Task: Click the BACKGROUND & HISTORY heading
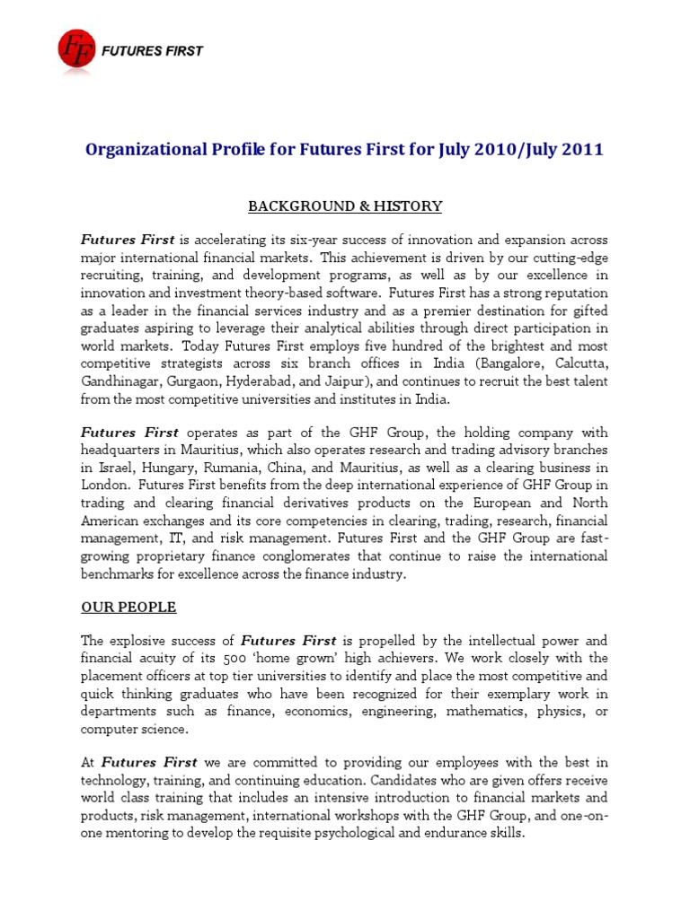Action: coord(345,206)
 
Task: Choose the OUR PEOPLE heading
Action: coord(128,608)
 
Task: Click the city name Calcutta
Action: coord(577,363)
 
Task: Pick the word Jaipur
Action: coord(357,381)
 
